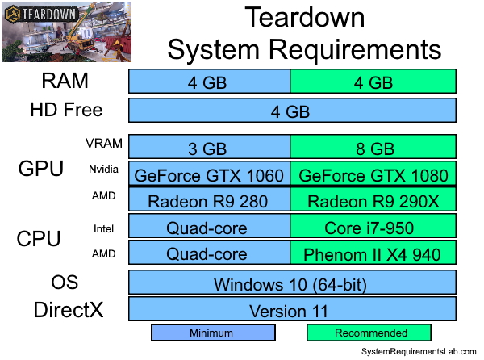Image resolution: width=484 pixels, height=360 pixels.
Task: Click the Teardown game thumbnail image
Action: click(x=62, y=35)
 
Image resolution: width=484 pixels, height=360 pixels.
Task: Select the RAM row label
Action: click(x=65, y=82)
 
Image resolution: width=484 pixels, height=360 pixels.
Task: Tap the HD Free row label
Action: click(x=66, y=110)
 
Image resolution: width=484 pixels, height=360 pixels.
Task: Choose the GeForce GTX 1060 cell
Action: click(x=209, y=174)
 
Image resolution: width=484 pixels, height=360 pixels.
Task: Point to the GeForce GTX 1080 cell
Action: click(x=373, y=174)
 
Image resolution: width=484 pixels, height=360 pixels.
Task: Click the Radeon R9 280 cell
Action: click(x=209, y=201)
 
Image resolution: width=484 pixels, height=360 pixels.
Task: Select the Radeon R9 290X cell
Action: click(x=373, y=201)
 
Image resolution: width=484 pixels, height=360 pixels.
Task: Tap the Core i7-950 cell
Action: click(x=373, y=228)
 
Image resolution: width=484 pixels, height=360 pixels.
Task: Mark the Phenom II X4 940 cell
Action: click(x=373, y=254)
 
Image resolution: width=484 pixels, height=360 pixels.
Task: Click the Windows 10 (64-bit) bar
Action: click(x=292, y=283)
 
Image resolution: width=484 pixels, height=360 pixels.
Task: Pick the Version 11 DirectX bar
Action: click(x=292, y=310)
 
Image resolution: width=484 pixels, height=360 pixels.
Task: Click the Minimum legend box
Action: click(x=213, y=333)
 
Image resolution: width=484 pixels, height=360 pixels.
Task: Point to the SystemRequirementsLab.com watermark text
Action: click(x=419, y=352)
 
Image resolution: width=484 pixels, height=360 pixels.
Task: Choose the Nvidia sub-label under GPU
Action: click(x=104, y=170)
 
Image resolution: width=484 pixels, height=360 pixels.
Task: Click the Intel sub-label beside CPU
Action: click(x=104, y=228)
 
